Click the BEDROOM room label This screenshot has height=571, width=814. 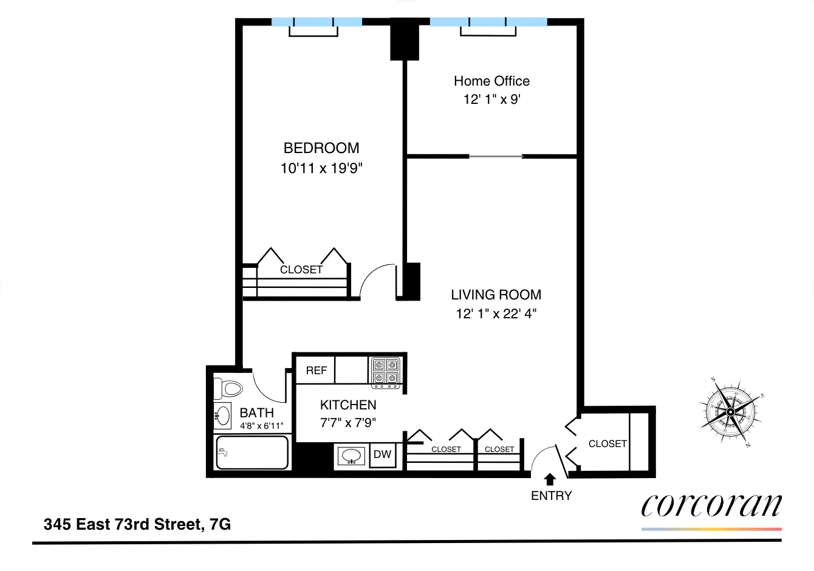(x=321, y=148)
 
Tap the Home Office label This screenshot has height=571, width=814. (x=491, y=81)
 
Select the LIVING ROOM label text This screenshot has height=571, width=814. (x=496, y=295)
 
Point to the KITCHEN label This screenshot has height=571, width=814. (x=348, y=405)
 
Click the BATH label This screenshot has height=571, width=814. (x=256, y=413)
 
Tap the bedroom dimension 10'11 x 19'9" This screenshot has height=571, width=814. (x=321, y=168)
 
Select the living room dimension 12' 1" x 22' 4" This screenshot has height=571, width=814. (x=496, y=314)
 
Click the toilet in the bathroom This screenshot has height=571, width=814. (x=228, y=388)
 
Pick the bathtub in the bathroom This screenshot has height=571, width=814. (x=251, y=453)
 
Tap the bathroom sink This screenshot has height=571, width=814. (x=222, y=416)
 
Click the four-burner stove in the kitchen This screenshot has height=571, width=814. (x=386, y=372)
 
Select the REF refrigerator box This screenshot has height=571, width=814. (x=316, y=371)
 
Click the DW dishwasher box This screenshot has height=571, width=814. (x=382, y=454)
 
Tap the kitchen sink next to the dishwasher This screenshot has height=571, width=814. (x=351, y=456)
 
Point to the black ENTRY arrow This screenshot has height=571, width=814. (x=550, y=479)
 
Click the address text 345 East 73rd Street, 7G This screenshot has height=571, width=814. (x=137, y=524)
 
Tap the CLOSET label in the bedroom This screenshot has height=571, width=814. (x=301, y=270)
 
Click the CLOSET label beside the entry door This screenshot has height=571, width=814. (x=607, y=444)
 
